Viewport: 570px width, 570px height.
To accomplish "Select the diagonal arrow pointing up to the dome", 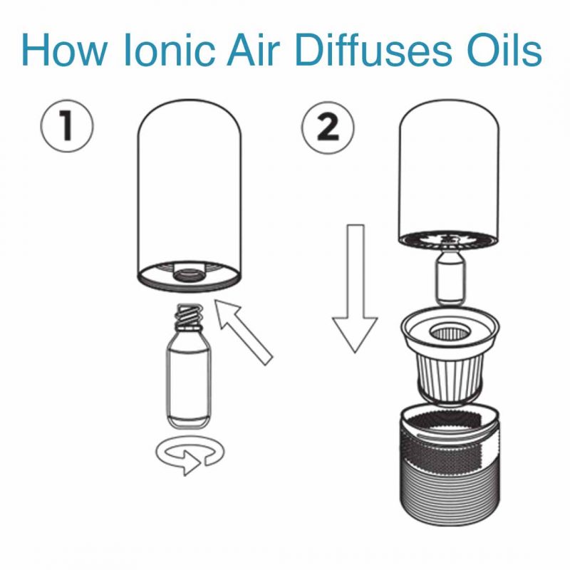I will click(x=246, y=331).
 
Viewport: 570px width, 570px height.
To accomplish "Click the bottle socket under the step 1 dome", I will click(x=188, y=273).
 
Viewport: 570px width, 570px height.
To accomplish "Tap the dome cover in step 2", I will click(x=448, y=171).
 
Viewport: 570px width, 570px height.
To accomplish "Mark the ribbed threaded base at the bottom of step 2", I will click(x=448, y=492).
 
